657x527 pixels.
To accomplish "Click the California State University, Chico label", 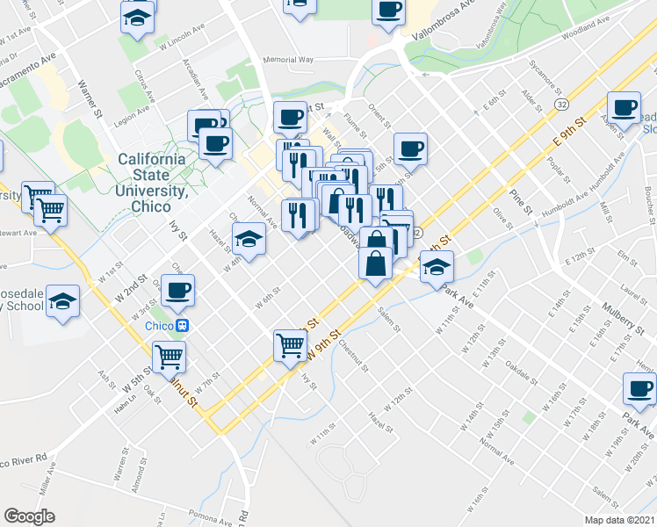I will pyautogui.click(x=151, y=176).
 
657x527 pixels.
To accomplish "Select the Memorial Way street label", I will pyautogui.click(x=287, y=60).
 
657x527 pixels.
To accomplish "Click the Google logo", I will pyautogui.click(x=28, y=516).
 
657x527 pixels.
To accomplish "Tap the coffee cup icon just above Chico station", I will pyautogui.click(x=177, y=290).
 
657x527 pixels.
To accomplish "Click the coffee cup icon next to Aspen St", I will pyautogui.click(x=624, y=110).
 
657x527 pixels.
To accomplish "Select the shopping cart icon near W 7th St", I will pyautogui.click(x=169, y=357).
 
